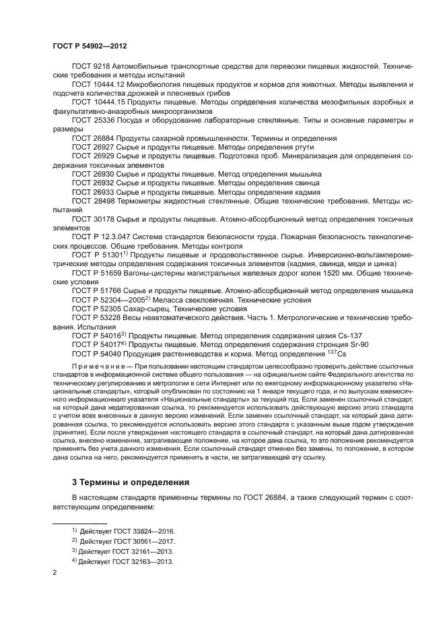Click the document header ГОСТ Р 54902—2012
(x=90, y=46)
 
